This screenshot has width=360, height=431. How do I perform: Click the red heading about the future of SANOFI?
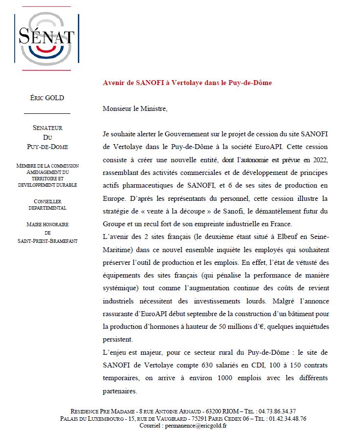(187, 83)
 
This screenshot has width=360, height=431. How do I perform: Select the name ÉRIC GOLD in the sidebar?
(47, 98)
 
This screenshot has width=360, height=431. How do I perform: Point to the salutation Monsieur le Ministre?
(135, 108)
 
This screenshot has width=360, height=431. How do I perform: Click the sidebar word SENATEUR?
(47, 128)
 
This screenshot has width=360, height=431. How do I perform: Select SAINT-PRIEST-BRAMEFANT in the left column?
(47, 241)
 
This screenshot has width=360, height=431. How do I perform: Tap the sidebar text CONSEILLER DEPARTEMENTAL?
(47, 204)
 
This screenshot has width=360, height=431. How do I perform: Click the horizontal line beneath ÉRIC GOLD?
(47, 113)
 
